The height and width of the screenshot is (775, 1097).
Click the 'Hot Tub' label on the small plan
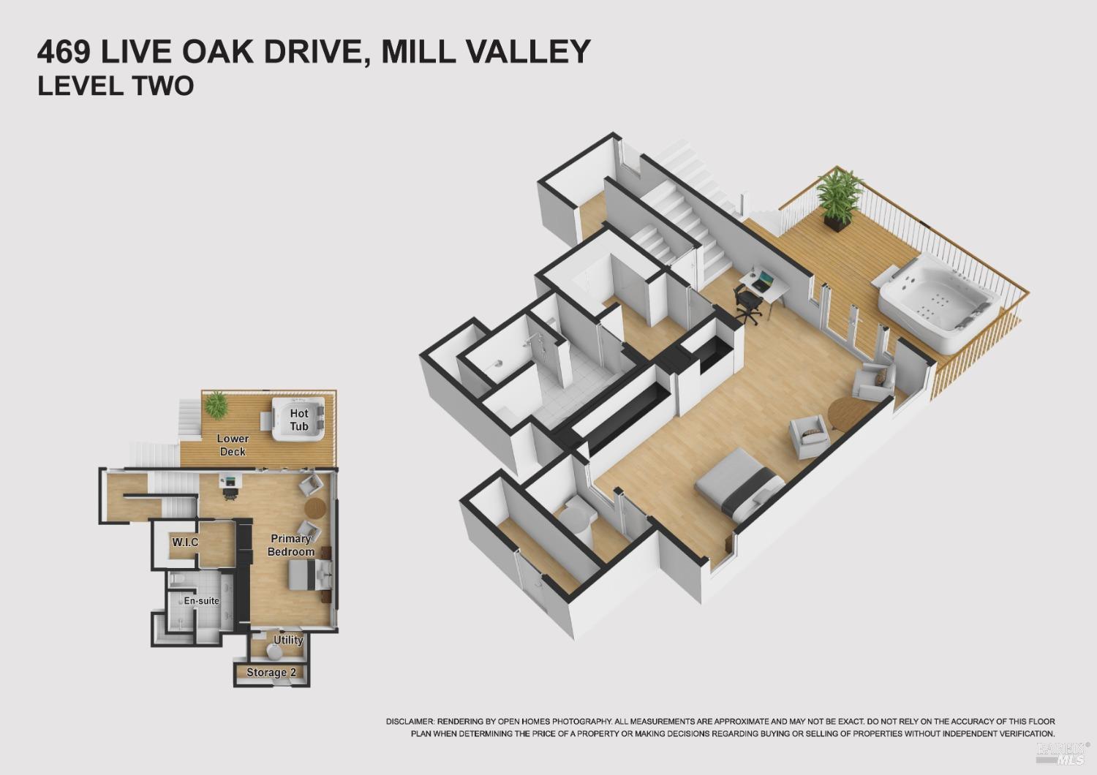[x=298, y=420]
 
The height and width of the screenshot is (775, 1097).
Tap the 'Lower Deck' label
[x=233, y=445]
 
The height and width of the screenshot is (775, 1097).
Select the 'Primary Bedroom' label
[x=291, y=545]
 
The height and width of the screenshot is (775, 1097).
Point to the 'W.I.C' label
[x=185, y=542]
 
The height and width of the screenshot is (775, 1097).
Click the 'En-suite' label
[x=201, y=601]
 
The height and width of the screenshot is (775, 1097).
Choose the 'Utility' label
[x=288, y=640]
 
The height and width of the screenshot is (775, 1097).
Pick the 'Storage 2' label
[x=266, y=672]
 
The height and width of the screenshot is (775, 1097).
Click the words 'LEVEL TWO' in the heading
[x=116, y=86]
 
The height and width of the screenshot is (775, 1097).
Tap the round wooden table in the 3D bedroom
[x=844, y=415]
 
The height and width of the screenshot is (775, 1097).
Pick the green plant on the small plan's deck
[x=216, y=404]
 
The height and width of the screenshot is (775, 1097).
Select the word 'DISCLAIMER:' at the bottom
[x=410, y=722]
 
